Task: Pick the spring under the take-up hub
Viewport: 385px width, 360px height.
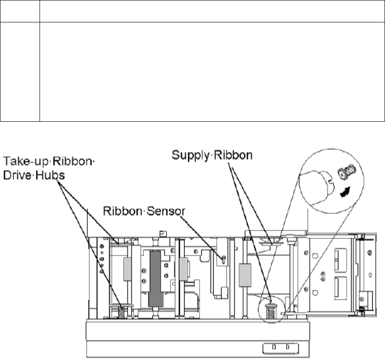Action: (x=123, y=313)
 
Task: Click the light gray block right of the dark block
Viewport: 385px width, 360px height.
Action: (x=182, y=269)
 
